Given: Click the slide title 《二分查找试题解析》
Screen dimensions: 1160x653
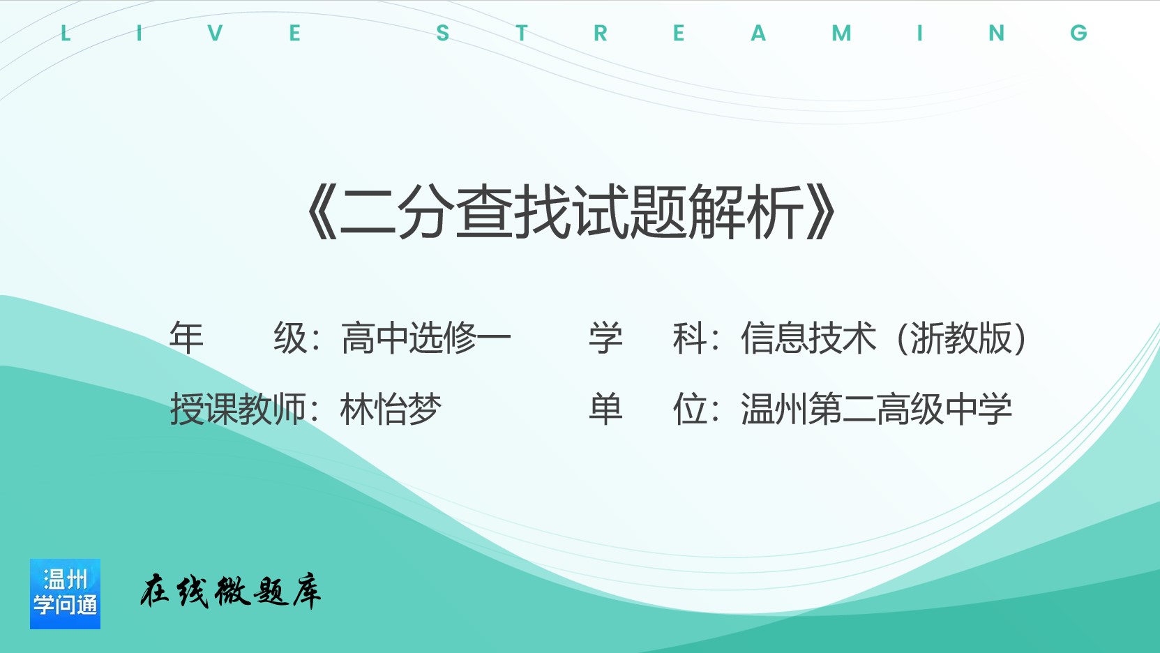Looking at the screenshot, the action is (x=572, y=212).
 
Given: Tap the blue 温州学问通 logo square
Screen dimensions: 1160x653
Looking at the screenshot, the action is (x=66, y=594).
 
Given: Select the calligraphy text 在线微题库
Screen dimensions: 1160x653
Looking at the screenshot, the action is (x=230, y=591).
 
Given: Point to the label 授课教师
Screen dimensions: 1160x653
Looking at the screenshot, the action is (x=238, y=409).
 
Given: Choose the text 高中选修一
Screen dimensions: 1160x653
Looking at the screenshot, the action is (x=426, y=338).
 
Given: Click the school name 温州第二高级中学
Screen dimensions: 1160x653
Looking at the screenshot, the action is (x=876, y=409).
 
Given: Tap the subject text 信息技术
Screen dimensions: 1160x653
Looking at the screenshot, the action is (x=809, y=338).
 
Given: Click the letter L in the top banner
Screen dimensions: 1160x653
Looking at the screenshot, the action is (x=66, y=33).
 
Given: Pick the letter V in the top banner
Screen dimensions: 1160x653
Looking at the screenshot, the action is (x=215, y=33).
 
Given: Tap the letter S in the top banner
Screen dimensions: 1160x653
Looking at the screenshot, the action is (x=443, y=33).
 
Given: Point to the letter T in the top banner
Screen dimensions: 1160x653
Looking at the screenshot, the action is (x=522, y=33).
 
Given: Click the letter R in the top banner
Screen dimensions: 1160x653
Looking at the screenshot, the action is (x=601, y=33).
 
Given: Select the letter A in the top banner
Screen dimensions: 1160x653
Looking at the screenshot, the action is (x=758, y=33).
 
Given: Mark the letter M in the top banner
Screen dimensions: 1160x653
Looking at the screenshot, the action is (x=841, y=33).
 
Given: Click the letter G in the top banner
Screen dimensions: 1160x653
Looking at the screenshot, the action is (x=1079, y=33).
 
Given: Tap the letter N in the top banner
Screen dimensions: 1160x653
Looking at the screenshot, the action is (x=996, y=33).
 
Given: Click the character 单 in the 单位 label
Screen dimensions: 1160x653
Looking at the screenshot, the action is (x=605, y=409).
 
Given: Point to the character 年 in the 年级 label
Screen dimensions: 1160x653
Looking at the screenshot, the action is (x=186, y=338).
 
